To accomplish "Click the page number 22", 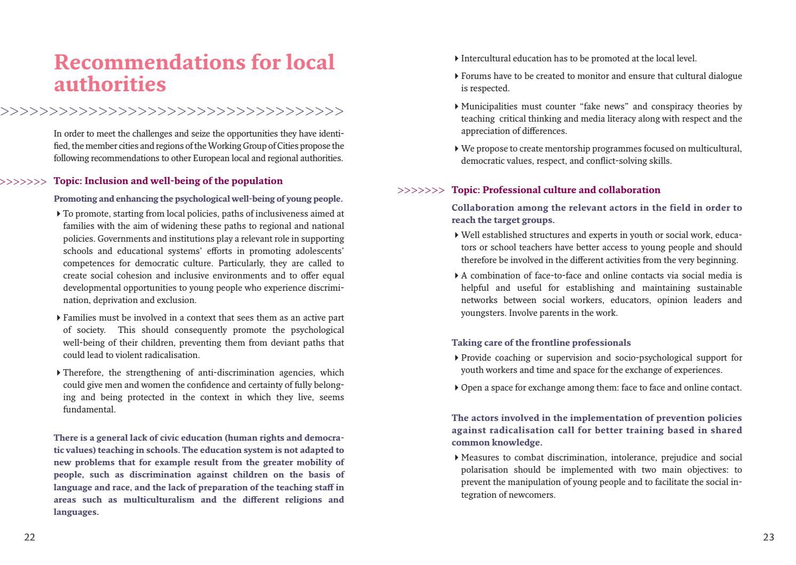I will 29,537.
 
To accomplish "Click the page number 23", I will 768,537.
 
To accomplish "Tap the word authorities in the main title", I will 110,84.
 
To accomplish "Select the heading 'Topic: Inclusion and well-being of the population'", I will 168,181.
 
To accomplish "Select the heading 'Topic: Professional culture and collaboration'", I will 555,190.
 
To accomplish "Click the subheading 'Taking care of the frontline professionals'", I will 541,343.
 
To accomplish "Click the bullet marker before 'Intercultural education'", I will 457,59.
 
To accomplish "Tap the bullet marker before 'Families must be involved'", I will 58,318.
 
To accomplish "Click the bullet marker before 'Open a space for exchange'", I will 457,388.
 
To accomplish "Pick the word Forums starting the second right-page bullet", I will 475,76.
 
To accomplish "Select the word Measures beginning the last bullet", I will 478,457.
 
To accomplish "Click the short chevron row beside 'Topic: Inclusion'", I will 23,182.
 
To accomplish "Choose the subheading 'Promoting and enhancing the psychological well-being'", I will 198,198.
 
